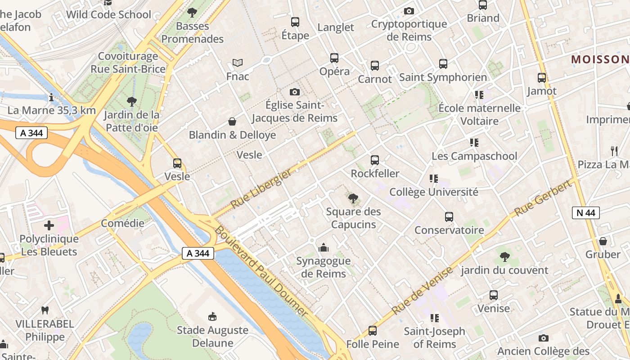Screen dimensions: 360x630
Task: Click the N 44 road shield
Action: pyautogui.click(x=585, y=213)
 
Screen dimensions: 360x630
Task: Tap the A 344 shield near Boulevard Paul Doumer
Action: pyautogui.click(x=198, y=253)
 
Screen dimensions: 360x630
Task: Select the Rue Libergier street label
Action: pyautogui.click(x=261, y=190)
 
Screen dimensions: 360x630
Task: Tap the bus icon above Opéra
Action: pyautogui.click(x=334, y=58)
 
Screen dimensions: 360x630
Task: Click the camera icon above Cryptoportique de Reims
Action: pyautogui.click(x=409, y=11)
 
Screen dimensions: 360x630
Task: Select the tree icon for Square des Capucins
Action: pyautogui.click(x=353, y=198)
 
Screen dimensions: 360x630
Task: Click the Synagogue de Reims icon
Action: pyautogui.click(x=323, y=247)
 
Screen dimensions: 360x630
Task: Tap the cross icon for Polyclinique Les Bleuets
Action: pyautogui.click(x=49, y=225)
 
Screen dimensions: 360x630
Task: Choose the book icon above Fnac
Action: pyautogui.click(x=237, y=63)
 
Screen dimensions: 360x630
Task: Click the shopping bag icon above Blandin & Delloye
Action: pyautogui.click(x=232, y=121)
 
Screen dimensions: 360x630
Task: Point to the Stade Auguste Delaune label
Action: pyautogui.click(x=212, y=336)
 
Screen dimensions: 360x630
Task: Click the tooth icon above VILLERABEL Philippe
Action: pyautogui.click(x=45, y=310)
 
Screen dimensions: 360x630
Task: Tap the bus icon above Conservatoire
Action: pyautogui.click(x=449, y=217)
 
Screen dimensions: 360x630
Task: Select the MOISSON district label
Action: pyautogui.click(x=600, y=59)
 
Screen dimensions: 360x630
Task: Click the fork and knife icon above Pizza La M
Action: pyautogui.click(x=614, y=151)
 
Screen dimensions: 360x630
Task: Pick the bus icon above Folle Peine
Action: pyautogui.click(x=372, y=331)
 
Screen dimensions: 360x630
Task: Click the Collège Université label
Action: pyautogui.click(x=433, y=192)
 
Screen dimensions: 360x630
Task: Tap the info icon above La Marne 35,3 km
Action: pyautogui.click(x=51, y=97)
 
